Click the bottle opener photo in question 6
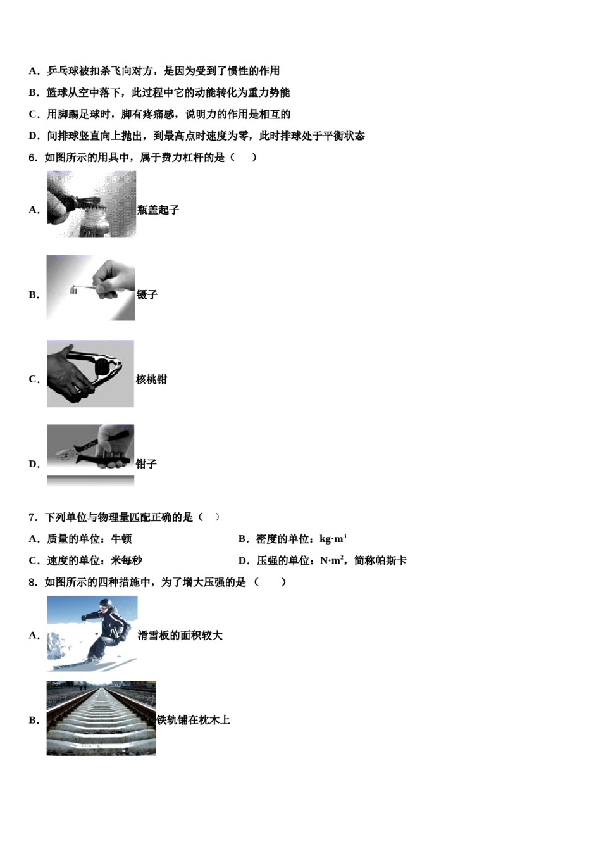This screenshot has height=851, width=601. point(91,205)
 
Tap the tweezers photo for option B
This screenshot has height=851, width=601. point(90,288)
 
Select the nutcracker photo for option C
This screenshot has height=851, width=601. point(90,374)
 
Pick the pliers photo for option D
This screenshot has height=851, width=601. point(90,454)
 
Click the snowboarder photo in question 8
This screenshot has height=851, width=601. point(92,633)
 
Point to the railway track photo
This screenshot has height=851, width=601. point(101,718)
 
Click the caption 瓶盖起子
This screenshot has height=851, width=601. point(158,210)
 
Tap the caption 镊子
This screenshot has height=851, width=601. point(147,295)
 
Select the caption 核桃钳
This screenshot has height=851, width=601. point(152,380)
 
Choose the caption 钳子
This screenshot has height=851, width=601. point(146,464)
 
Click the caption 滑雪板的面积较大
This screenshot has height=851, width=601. point(180,635)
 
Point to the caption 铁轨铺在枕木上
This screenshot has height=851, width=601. point(194,720)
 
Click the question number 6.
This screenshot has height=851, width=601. point(33,158)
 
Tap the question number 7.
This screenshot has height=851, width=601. point(33,517)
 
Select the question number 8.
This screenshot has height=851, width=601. point(33,582)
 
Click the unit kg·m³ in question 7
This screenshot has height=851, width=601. point(333,539)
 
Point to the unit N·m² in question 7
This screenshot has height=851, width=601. point(332,560)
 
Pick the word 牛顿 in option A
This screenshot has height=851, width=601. point(121,539)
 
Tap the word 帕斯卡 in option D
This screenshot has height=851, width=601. point(392,560)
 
